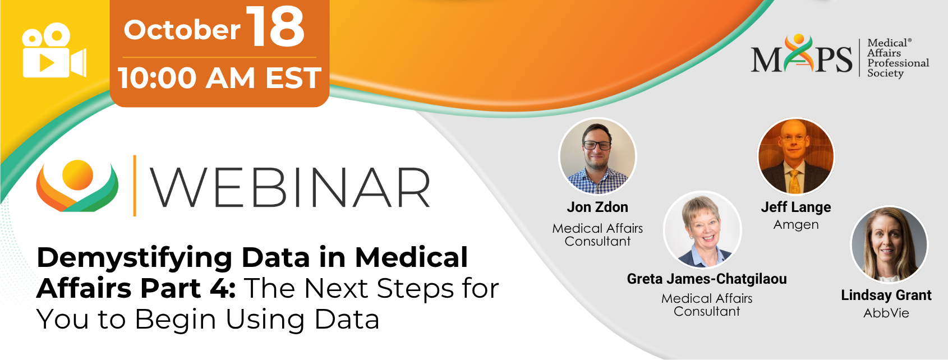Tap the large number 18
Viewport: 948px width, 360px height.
coord(275,27)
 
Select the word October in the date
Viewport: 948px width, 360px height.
coord(182,30)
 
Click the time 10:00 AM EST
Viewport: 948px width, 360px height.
coord(220,78)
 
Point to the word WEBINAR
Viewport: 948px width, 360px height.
coord(291,187)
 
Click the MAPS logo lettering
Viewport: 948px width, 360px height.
coord(801,56)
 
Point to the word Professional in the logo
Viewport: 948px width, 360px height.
coord(898,63)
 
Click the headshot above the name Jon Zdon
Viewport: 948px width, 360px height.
coord(597,156)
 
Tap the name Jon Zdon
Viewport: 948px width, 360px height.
coord(597,207)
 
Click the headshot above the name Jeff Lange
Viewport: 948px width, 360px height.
coord(795,156)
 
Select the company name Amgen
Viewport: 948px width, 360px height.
coord(796,225)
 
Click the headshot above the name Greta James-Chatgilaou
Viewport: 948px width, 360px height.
coord(702,230)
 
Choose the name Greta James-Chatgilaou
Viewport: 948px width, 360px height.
coord(707,279)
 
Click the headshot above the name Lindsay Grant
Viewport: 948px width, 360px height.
coord(889,244)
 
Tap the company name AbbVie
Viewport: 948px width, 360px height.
coord(886,313)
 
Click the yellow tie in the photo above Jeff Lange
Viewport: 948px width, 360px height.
coord(794,182)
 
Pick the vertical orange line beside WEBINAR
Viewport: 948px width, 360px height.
coord(135,186)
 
